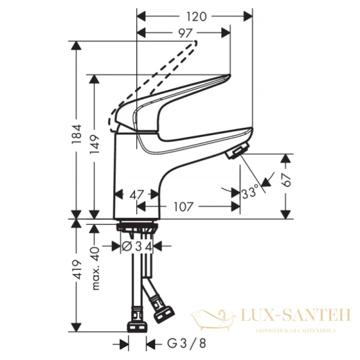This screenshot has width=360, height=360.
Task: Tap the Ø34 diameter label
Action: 137,245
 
